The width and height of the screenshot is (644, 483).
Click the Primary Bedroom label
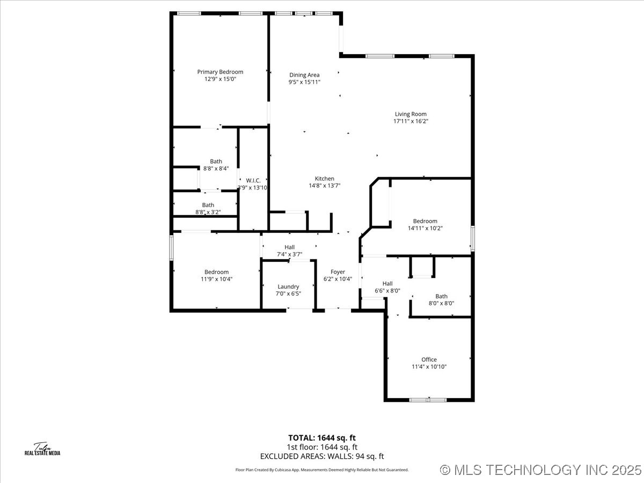[220, 72]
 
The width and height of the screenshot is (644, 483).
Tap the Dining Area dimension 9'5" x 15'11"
[304, 83]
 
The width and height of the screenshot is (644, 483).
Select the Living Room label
[411, 114]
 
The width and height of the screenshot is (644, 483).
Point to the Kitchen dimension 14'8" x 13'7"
[324, 186]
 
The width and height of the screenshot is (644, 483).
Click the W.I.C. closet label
[253, 180]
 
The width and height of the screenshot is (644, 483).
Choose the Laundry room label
[288, 287]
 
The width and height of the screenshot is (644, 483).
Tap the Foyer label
[338, 272]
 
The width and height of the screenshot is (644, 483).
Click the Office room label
[429, 360]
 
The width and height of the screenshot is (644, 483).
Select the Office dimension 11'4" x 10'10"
[429, 367]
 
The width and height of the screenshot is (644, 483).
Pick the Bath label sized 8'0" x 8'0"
[441, 296]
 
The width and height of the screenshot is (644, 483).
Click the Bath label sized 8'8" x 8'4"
[216, 162]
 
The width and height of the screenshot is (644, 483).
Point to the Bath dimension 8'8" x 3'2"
[208, 213]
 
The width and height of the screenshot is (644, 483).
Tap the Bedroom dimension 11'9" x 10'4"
[216, 279]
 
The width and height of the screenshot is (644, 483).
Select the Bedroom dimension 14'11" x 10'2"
[425, 228]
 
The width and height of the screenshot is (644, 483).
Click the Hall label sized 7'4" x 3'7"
[289, 247]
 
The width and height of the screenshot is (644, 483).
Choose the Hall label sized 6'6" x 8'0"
[387, 284]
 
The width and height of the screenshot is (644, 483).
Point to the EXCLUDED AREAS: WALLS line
[322, 457]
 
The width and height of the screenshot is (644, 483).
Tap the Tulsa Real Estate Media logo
[42, 449]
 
